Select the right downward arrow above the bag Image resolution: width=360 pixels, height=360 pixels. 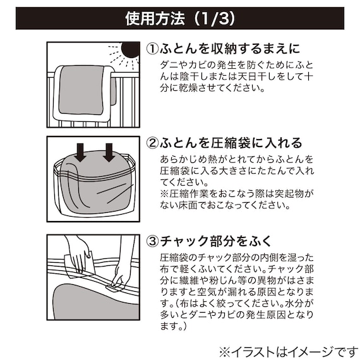pos(109,152)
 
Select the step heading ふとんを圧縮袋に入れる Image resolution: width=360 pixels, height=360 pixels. pos(230,143)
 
